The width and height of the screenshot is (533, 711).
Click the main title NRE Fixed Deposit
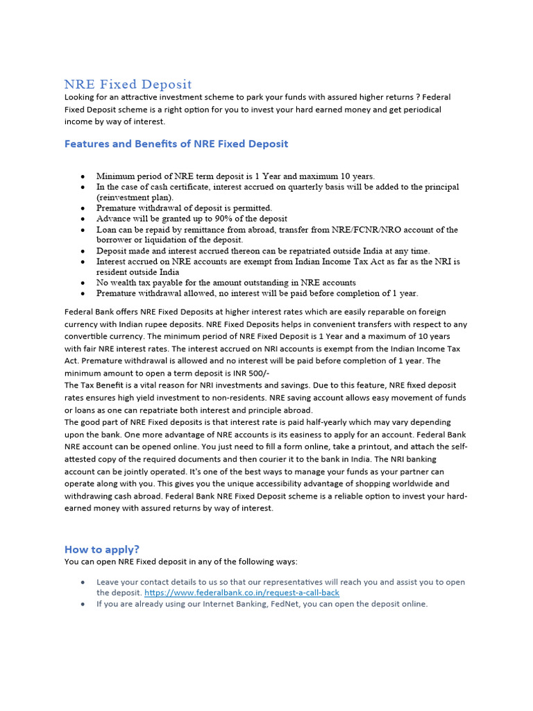pos(128,84)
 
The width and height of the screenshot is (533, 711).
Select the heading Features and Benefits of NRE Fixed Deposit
pos(176,144)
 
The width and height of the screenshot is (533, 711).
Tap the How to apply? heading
pos(102,549)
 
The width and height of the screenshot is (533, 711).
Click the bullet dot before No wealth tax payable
pos(83,283)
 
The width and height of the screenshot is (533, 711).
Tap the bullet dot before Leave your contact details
pos(83,582)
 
